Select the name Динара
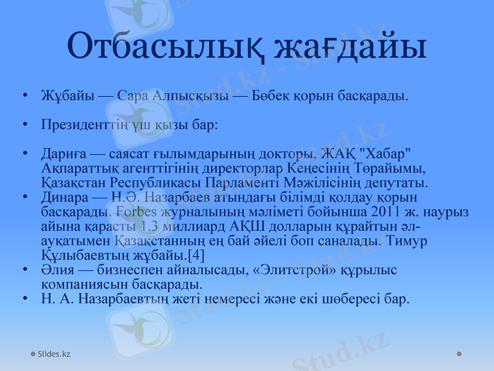pos(64,197)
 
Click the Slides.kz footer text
pos(54,354)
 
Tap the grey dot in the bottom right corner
pos(459,354)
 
